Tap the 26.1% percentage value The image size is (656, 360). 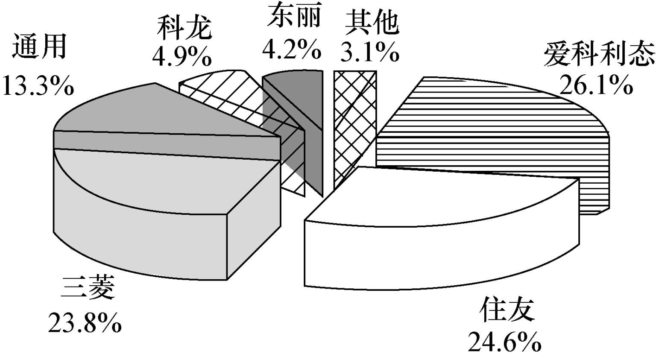click(x=596, y=85)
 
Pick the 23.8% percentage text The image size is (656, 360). click(x=85, y=322)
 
